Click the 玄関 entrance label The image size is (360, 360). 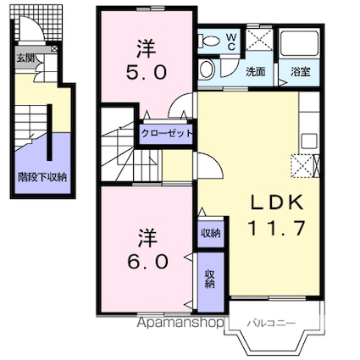coord(25,58)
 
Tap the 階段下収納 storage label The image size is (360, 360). coord(42,177)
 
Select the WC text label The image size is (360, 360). coord(231,42)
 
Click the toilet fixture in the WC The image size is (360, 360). coord(208,42)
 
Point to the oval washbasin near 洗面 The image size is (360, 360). coord(207,69)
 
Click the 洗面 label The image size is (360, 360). coord(255,72)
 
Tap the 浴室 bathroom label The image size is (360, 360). coord(301,72)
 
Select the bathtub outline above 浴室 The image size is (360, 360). coord(300,43)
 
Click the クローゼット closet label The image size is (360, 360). coord(167,133)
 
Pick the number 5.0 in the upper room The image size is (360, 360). coord(147,73)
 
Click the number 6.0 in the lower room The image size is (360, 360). coord(148,262)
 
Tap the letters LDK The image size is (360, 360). coord(277,202)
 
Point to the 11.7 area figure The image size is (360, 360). coord(277,228)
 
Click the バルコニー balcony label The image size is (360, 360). coord(271,323)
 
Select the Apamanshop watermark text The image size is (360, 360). coord(180,323)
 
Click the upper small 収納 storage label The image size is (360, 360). coord(211,233)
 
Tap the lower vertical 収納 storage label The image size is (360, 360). coord(209,279)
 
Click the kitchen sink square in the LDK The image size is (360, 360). coord(309,141)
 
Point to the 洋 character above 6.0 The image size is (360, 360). coord(147,237)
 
